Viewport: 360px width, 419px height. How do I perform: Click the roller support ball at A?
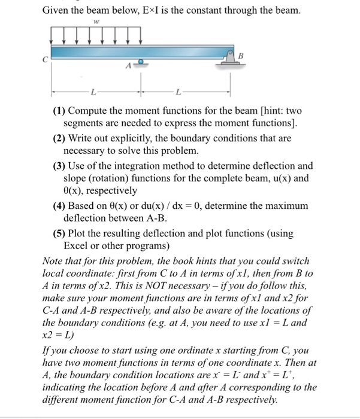click(141, 62)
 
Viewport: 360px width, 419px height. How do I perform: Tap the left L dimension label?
click(92, 93)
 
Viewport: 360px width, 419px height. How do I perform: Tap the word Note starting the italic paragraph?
click(54, 260)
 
